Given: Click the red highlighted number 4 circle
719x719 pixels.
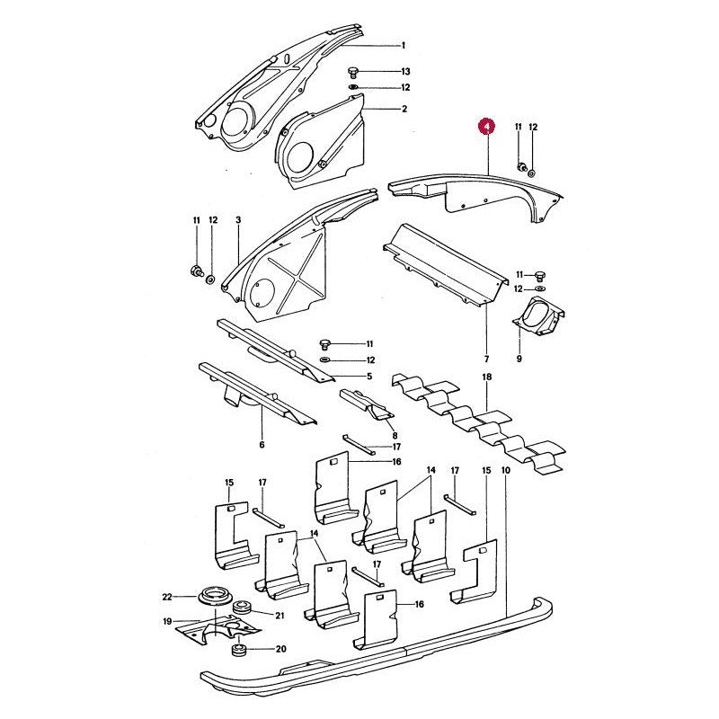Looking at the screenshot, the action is (487, 126).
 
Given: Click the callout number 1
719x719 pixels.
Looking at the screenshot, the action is (403, 46).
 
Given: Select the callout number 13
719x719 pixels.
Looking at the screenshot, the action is (405, 72).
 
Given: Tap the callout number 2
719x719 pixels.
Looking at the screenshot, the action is (404, 109).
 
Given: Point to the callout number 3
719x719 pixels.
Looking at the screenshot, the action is (238, 220).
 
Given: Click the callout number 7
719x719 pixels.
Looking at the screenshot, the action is (486, 359).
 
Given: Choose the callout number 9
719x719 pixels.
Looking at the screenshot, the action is (519, 359).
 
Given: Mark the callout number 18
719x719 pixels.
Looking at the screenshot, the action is (486, 377).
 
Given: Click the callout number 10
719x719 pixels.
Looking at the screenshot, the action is (506, 470).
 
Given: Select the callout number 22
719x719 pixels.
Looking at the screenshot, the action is (167, 597).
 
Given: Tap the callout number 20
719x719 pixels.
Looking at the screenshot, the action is (280, 649).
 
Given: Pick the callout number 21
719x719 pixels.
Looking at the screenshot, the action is (280, 616).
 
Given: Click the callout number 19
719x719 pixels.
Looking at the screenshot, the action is (167, 622).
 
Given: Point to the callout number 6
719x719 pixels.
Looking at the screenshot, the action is (262, 445).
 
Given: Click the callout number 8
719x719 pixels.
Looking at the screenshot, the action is (395, 436).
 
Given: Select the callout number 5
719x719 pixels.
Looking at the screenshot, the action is (369, 377).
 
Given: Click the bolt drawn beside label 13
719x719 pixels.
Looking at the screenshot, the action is (353, 73).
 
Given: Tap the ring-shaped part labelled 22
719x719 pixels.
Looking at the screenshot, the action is (211, 597).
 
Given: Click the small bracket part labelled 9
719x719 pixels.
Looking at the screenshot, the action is (538, 316).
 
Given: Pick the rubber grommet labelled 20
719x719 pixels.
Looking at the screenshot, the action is (238, 650).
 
